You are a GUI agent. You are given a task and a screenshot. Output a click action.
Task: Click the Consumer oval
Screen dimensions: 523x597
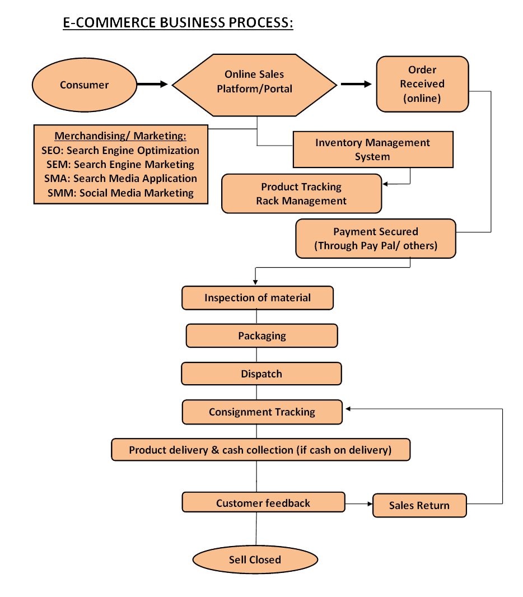click(84, 85)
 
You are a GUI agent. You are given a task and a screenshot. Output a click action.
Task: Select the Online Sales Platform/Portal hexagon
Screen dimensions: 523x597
click(254, 85)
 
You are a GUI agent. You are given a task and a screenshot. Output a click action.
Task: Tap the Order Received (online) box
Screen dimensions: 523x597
click(423, 84)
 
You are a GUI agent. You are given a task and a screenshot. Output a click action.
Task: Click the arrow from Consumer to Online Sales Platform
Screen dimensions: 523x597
click(152, 84)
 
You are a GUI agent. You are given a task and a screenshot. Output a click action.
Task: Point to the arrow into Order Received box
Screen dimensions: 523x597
click(356, 84)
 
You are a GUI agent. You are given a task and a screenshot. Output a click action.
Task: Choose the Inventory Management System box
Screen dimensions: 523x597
click(373, 150)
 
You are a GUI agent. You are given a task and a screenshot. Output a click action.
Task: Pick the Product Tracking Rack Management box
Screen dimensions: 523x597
click(301, 194)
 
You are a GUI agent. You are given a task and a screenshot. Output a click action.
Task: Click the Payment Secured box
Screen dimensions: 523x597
click(376, 239)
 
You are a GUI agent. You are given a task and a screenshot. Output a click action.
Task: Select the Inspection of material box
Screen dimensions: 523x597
click(258, 298)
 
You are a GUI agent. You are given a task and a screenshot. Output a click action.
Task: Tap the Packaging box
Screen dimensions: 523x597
click(262, 336)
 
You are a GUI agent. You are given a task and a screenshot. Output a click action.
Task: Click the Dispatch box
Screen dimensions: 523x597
click(261, 374)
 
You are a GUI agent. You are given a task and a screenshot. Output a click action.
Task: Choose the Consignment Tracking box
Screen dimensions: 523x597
click(262, 412)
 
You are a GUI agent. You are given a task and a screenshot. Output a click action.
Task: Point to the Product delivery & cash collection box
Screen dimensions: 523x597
click(261, 450)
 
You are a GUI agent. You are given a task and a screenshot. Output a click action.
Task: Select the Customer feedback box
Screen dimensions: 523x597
click(263, 502)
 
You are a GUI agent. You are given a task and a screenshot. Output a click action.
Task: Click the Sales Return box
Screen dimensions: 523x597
click(419, 505)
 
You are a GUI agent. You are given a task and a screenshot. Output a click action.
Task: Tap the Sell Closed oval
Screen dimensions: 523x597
click(255, 559)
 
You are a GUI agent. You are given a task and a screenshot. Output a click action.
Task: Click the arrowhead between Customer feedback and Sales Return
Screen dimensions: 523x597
click(370, 503)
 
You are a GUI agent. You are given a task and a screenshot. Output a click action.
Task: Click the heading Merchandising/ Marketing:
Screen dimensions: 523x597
click(120, 136)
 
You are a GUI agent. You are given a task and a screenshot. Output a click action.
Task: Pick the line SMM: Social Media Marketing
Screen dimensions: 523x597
click(120, 193)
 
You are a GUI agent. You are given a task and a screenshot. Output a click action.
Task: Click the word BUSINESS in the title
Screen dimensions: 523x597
click(193, 22)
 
